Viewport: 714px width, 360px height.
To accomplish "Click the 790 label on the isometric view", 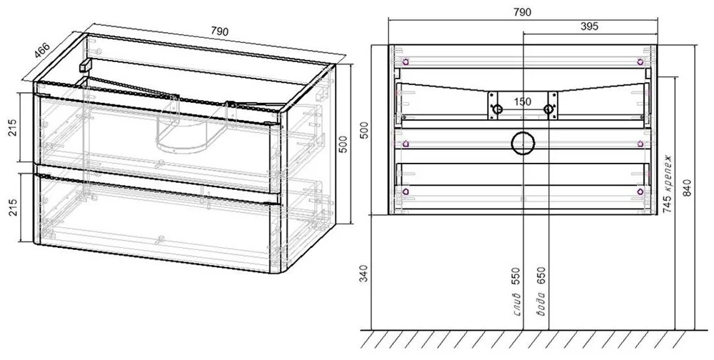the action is (219, 31).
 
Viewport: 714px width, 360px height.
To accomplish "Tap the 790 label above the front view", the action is (522, 12).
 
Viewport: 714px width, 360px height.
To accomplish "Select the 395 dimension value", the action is (589, 26).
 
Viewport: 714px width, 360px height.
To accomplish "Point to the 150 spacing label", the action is (523, 101).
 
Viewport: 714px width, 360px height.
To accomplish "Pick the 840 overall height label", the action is (687, 189).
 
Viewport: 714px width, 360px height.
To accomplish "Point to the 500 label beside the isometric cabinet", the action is (343, 144).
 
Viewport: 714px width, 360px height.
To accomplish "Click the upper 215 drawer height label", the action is (12, 128).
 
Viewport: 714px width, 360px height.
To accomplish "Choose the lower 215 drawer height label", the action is (12, 207).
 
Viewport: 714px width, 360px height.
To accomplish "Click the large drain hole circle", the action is (523, 144).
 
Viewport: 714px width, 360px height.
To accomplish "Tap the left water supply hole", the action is (497, 109).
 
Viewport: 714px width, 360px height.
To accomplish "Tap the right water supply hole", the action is (548, 109).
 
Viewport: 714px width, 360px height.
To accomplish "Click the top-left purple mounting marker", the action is (406, 62).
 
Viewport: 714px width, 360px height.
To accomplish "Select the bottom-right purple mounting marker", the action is (640, 192).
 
